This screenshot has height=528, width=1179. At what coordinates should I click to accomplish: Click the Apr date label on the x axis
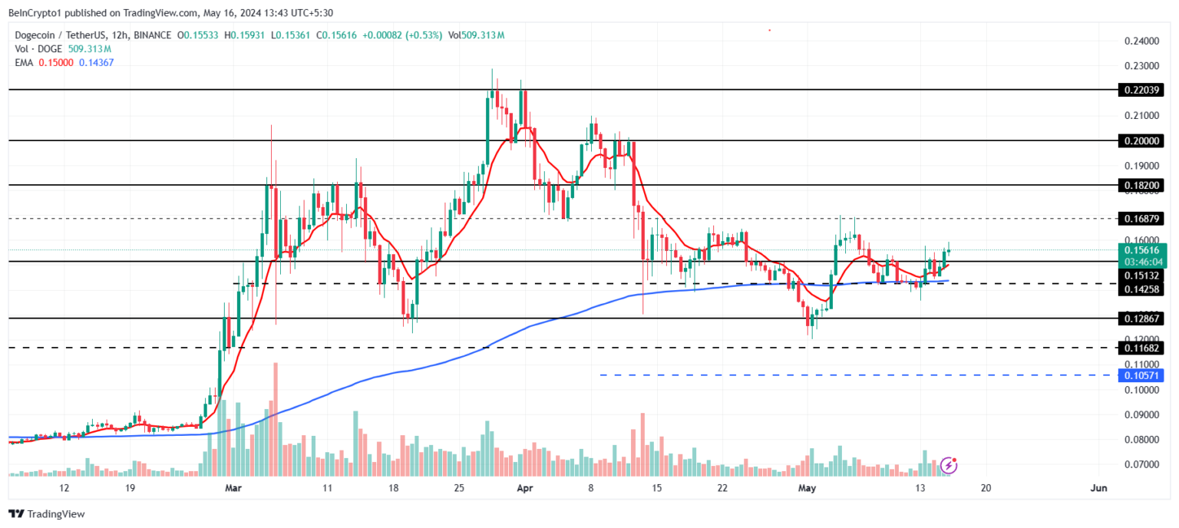[x=524, y=488]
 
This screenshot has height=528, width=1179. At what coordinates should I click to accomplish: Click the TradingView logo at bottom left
[x=47, y=514]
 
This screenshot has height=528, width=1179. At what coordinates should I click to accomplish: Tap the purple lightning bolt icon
[x=949, y=464]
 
